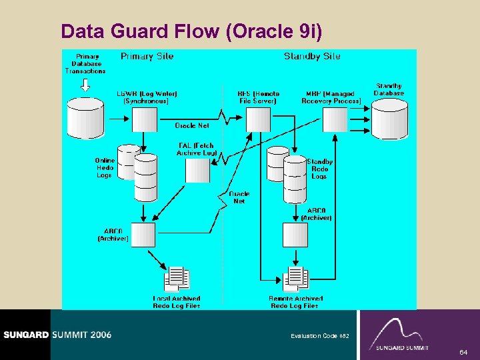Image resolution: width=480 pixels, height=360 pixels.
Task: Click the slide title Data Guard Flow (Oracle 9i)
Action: point(191,31)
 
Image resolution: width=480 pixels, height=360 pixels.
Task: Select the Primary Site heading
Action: point(147,57)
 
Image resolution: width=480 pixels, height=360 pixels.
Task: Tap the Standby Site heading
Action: point(312,57)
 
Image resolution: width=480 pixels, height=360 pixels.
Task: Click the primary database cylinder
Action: point(85,119)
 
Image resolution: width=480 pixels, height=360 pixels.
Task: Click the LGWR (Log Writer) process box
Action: point(145,120)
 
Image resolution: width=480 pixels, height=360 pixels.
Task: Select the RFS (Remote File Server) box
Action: point(259,120)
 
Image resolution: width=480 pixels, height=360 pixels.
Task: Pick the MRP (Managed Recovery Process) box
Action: point(335,120)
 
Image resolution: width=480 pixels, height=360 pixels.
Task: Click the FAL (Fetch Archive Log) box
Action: point(197,170)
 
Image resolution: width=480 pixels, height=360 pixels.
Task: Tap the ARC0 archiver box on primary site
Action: point(143,235)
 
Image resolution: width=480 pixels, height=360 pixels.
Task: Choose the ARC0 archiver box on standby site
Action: point(295,235)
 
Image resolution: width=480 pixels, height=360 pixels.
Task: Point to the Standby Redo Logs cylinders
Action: point(287,175)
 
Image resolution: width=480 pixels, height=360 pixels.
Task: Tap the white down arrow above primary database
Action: point(85,85)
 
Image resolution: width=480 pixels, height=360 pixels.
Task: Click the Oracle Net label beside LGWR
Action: point(192,125)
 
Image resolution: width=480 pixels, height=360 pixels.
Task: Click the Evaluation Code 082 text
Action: point(319,336)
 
